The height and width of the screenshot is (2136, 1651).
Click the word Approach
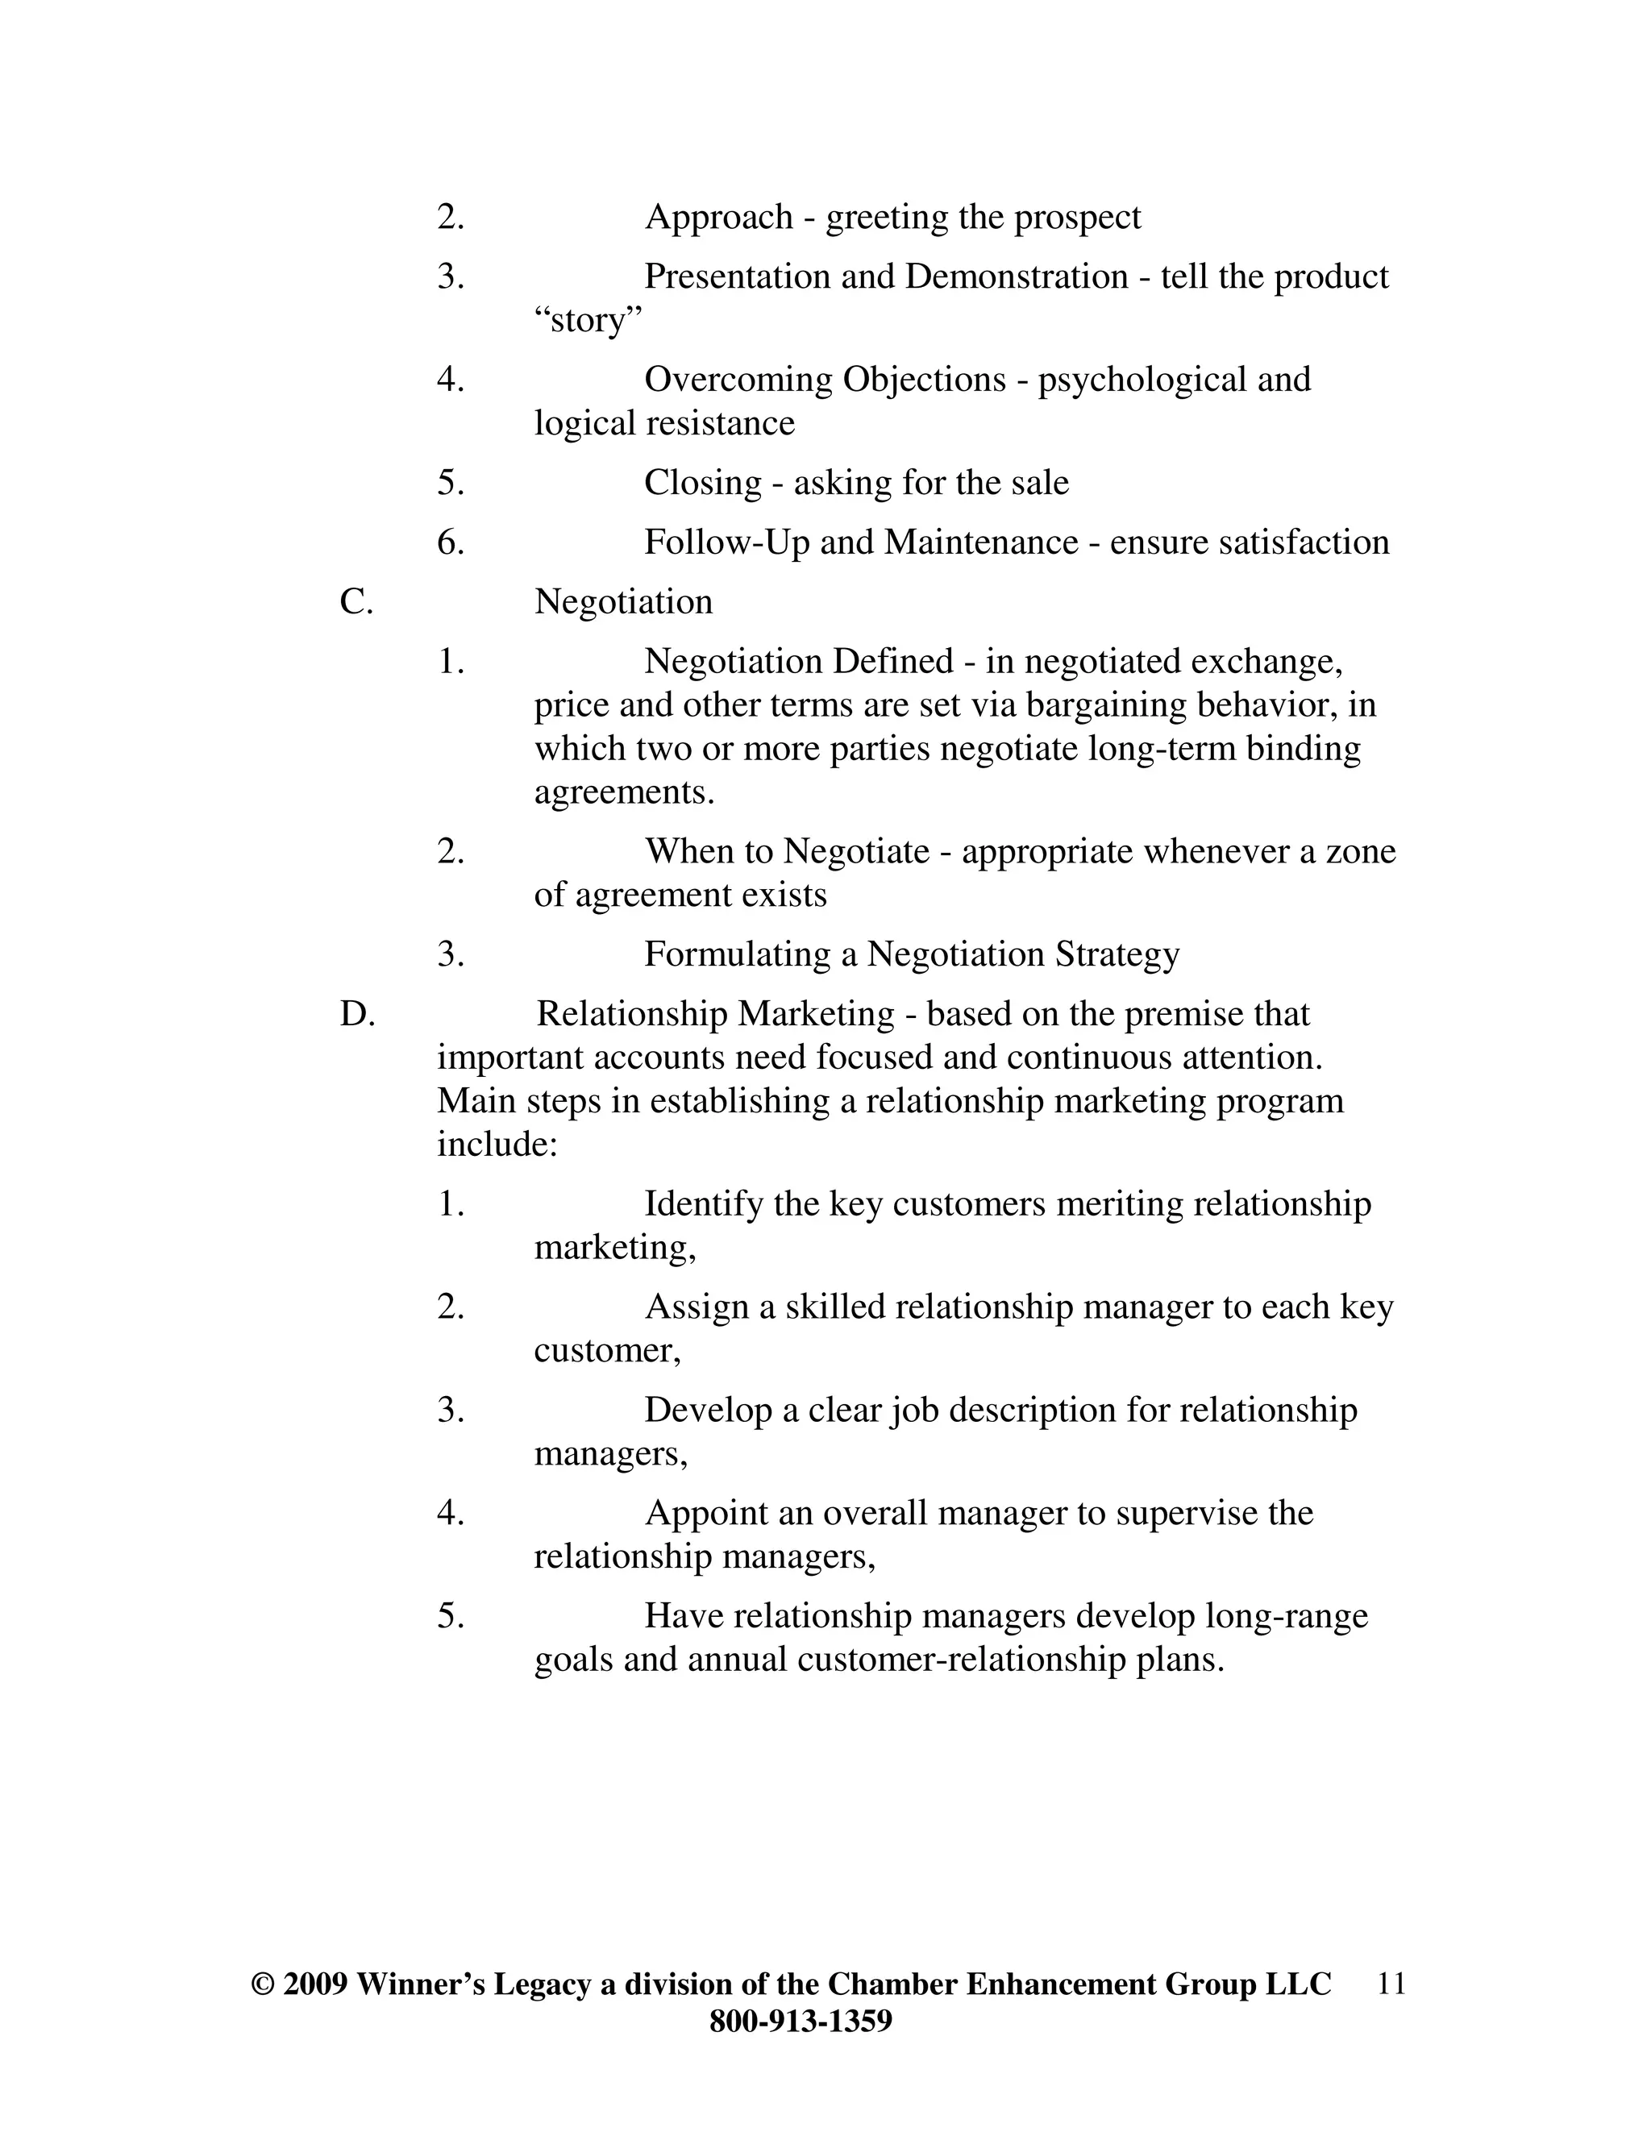(718, 217)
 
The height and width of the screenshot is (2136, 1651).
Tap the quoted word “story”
(588, 320)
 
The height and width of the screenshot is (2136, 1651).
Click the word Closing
(702, 483)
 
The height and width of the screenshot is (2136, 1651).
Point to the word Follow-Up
(726, 542)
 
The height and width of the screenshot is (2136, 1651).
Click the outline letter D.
(357, 1015)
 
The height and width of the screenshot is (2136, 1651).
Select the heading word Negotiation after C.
(623, 602)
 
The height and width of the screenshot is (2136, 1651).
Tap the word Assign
(697, 1307)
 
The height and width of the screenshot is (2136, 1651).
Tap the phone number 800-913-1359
(800, 2022)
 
